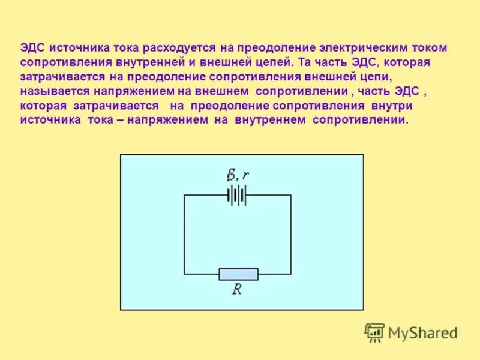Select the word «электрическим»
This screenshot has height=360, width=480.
(x=353, y=47)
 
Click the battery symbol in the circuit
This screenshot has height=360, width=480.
(x=237, y=195)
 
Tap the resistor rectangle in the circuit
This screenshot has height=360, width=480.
(x=238, y=274)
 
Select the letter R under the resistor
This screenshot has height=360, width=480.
(x=238, y=289)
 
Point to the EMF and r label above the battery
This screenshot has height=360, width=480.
(x=238, y=176)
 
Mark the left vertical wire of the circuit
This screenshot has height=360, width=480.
(x=184, y=234)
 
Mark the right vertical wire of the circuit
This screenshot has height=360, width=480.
(x=291, y=234)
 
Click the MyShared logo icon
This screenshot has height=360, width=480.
(x=374, y=332)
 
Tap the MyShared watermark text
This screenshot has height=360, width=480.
(x=422, y=332)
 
